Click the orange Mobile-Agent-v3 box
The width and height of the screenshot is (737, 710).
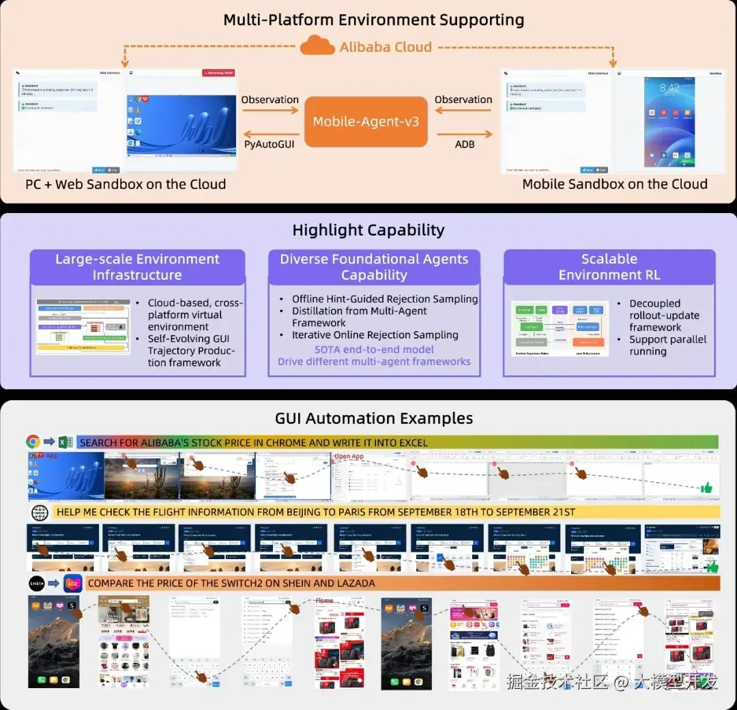366,122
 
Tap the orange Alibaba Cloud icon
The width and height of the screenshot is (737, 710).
317,46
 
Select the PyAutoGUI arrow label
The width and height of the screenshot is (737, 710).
269,144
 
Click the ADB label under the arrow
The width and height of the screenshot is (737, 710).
464,144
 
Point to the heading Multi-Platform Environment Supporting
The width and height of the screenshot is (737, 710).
374,20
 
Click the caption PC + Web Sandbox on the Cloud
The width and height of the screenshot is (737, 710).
126,184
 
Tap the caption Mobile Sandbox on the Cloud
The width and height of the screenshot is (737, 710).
614,184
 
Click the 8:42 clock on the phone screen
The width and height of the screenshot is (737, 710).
669,88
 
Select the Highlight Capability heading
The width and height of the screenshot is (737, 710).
368,230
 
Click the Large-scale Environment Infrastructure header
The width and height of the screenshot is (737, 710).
137,267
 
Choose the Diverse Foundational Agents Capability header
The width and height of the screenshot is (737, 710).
374,267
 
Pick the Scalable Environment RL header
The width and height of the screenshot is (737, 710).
609,267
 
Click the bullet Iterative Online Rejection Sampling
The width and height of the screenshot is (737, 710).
375,335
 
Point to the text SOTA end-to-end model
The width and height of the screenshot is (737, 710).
373,349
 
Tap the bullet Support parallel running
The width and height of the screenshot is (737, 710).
667,345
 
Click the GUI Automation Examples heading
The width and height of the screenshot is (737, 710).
374,418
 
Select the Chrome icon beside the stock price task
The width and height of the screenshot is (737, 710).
33,442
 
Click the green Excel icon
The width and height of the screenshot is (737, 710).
66,442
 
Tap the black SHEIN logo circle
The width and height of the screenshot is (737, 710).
36,584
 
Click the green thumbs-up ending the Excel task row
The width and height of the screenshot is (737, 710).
706,487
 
